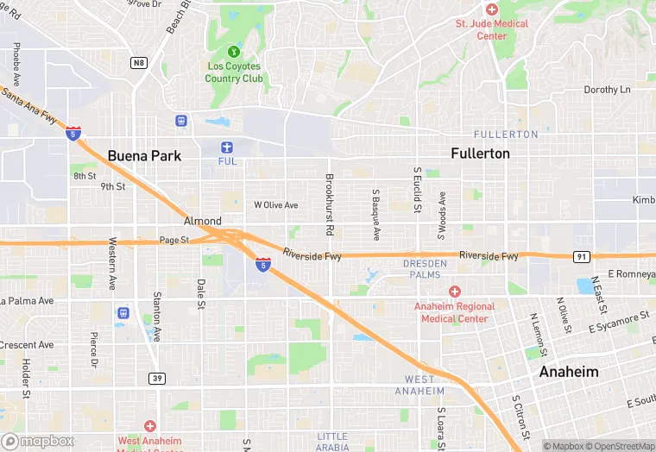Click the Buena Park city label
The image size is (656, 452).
click(x=144, y=156)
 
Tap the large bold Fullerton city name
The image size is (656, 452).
click(x=480, y=154)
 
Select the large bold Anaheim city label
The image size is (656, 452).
click(x=568, y=372)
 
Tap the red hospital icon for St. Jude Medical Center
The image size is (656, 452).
click(x=492, y=9)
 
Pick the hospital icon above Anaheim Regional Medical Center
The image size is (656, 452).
click(x=454, y=292)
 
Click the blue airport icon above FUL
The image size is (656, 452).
click(x=227, y=147)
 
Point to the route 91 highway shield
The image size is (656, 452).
click(x=582, y=256)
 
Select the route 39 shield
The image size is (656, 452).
click(x=157, y=378)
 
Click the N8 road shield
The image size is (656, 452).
click(x=138, y=62)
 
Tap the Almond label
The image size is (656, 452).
click(x=202, y=222)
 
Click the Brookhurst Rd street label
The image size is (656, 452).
click(x=329, y=205)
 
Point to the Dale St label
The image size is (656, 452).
click(x=201, y=293)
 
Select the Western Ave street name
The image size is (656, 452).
click(x=112, y=264)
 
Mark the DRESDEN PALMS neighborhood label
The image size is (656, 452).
click(x=426, y=269)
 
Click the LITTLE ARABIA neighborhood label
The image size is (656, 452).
click(x=332, y=442)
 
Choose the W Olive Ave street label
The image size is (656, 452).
click(x=275, y=205)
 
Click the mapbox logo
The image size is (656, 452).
click(x=38, y=441)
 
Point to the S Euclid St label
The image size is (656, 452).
click(x=418, y=190)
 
